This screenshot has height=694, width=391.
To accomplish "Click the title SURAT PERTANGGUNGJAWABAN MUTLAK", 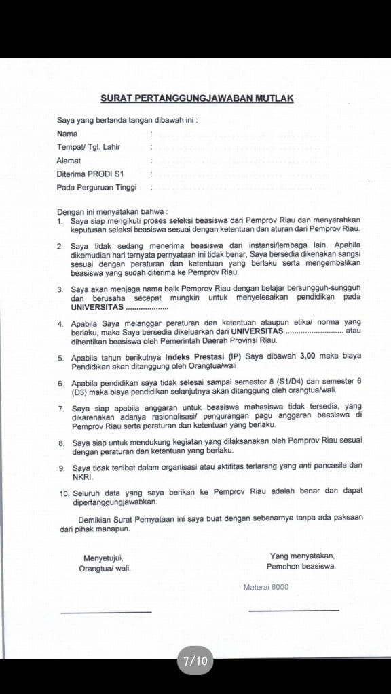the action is pos(197,98).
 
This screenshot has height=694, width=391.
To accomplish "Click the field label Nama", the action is pos(67,134).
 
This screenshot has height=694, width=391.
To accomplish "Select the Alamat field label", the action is pos(69,161).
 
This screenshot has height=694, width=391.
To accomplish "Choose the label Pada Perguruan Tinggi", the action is pos(96,188).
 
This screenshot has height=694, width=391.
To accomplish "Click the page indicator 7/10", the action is pos(195,661).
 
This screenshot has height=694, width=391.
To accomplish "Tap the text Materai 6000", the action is pos(265,587).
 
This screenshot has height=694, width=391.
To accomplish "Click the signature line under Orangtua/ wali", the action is pos(106,612).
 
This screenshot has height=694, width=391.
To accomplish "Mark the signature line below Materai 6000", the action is pos(293,611).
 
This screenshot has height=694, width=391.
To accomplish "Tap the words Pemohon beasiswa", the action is pos(301,566).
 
